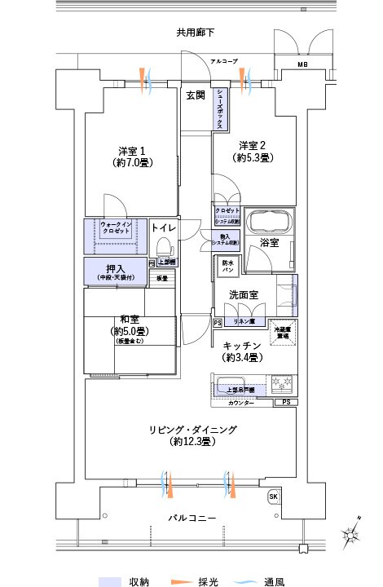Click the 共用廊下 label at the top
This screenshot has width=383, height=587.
195,33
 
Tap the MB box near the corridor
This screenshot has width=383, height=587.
302,64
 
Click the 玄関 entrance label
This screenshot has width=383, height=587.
195,95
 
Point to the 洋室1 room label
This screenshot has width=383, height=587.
130,151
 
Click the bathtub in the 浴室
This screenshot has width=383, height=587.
268,223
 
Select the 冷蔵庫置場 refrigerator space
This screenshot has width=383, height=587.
284,330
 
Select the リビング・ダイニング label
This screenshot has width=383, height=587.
192,430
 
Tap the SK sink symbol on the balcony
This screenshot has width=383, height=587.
272,497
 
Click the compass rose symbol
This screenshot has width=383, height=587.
354,534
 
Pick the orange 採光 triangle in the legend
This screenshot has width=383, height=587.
180,581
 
